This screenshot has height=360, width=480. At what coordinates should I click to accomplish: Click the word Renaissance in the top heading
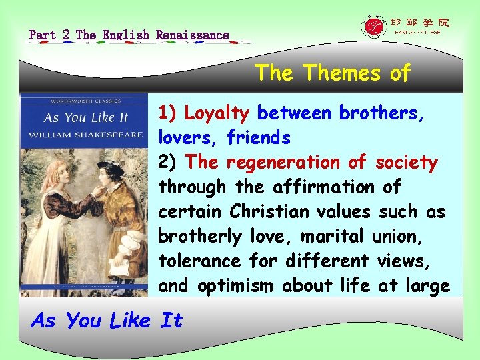pos(193,35)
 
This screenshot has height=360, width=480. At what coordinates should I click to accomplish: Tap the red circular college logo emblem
pos(373,27)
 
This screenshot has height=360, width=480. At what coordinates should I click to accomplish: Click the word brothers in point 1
pos(382,113)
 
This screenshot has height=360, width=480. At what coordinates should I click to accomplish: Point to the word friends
pos(259,138)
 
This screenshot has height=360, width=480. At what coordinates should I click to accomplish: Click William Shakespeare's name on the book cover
pos(85,135)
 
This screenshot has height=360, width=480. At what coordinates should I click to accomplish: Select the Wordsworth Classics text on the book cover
pos(83,102)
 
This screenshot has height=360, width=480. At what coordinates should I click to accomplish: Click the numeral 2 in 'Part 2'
pos(66,35)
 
